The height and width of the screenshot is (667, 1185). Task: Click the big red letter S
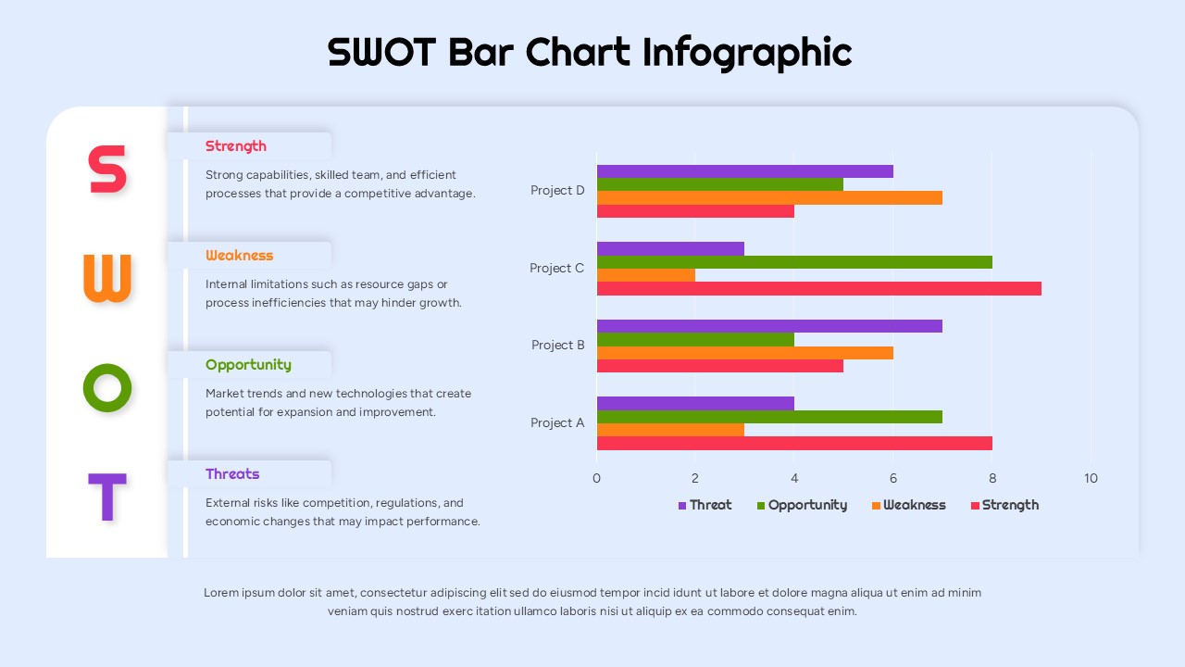[106, 170]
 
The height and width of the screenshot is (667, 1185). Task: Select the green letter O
[107, 387]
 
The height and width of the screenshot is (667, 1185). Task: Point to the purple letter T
[106, 497]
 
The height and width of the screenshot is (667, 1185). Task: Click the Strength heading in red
[236, 146]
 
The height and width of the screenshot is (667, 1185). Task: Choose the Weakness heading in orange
[240, 256]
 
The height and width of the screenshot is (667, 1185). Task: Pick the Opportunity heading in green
[248, 365]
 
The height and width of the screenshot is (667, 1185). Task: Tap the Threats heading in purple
[232, 474]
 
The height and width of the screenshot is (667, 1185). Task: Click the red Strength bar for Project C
[818, 289]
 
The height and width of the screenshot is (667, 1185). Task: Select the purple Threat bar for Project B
[769, 326]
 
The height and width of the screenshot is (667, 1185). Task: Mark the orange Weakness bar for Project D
[769, 197]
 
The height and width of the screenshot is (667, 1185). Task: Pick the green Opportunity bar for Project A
[769, 417]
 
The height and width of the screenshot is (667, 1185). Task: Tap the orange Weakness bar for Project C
[645, 275]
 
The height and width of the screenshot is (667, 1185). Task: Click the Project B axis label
[558, 346]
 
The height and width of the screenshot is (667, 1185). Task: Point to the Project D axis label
[557, 191]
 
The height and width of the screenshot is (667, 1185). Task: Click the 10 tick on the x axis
[1091, 479]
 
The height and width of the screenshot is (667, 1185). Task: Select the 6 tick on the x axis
[893, 479]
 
